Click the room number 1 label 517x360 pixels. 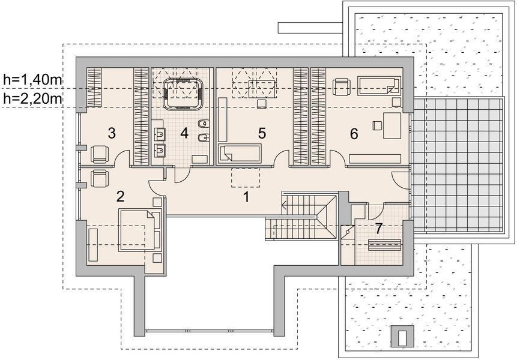[x=246, y=197]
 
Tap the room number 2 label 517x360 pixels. [x=120, y=196]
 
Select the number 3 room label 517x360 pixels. [x=112, y=133]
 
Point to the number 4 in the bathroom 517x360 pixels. [x=184, y=133]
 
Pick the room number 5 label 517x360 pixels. [x=262, y=133]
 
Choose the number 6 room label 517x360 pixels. [x=354, y=134]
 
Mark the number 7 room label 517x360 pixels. [x=379, y=229]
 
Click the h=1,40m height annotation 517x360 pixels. [x=32, y=80]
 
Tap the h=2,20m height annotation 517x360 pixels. [x=32, y=98]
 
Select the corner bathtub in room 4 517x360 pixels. [x=183, y=94]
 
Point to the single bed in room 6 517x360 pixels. [x=379, y=86]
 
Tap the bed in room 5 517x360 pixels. [x=240, y=153]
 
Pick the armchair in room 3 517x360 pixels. [x=100, y=154]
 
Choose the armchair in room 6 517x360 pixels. [x=341, y=87]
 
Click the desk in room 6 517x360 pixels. [x=392, y=125]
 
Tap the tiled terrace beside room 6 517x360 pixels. [x=458, y=164]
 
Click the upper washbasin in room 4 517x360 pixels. [x=160, y=134]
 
